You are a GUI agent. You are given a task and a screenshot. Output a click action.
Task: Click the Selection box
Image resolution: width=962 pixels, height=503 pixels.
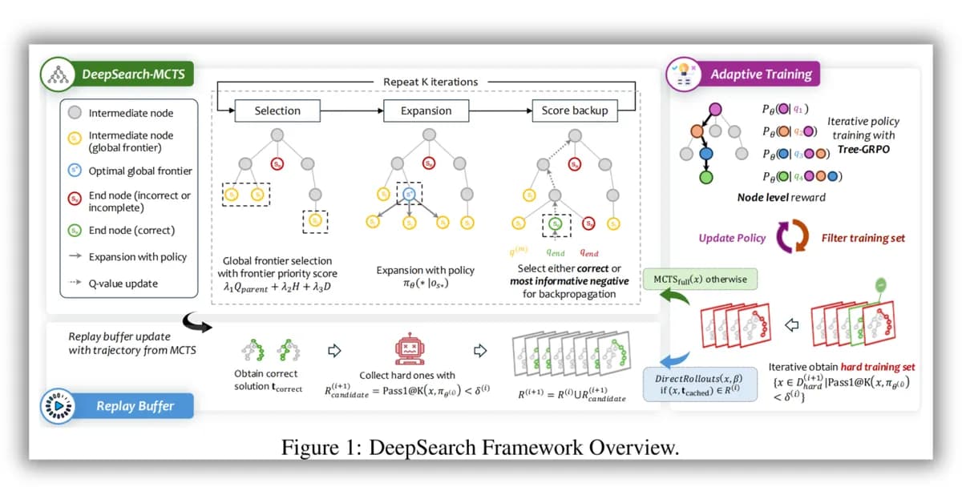click(277, 111)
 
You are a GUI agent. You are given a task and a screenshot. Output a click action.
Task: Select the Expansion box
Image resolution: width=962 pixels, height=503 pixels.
click(426, 111)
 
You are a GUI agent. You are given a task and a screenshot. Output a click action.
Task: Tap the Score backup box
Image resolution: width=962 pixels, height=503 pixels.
click(575, 111)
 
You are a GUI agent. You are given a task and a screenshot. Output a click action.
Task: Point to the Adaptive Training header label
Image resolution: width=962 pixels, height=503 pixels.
click(761, 74)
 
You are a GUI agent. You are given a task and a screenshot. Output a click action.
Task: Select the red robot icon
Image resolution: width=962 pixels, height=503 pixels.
click(409, 349)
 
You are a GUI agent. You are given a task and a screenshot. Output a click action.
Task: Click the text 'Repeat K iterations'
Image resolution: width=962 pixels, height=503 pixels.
click(430, 82)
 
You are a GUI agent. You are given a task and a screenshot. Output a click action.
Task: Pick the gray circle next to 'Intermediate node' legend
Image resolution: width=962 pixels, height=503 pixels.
click(75, 113)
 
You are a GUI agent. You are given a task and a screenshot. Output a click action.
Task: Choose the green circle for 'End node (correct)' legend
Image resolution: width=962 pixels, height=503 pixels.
click(75, 231)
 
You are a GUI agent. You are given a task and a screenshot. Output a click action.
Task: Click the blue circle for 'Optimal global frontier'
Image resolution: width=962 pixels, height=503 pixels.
click(75, 171)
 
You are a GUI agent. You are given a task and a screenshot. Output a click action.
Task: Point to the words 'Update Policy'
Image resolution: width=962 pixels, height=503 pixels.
click(732, 238)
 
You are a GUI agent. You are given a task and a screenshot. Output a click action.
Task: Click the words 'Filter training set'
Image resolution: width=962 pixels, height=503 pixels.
click(867, 238)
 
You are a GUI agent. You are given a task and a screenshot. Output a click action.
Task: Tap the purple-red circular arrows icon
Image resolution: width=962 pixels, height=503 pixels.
click(794, 238)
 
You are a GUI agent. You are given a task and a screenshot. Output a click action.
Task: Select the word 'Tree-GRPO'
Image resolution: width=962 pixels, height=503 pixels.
click(863, 150)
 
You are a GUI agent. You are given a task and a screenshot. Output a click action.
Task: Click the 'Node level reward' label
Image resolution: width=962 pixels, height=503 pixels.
click(781, 197)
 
